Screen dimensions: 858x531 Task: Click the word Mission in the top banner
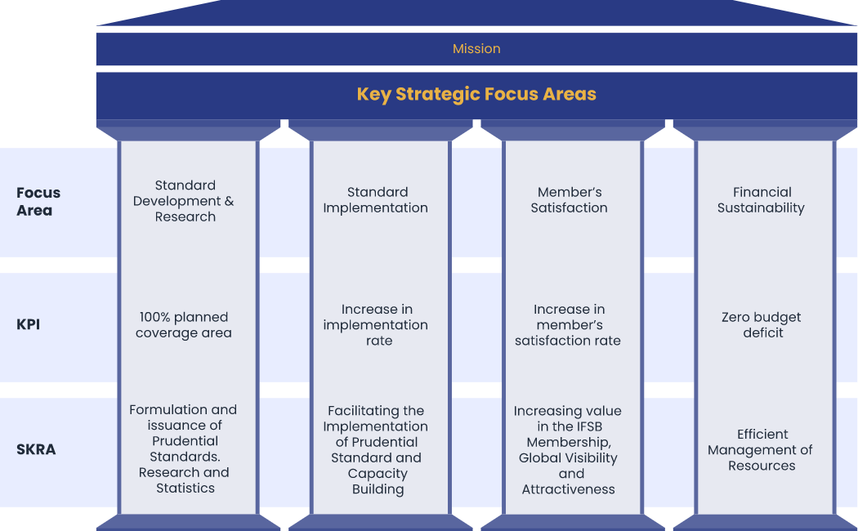click(476, 49)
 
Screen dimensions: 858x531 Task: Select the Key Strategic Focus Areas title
click(476, 94)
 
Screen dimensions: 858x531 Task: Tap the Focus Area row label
click(38, 201)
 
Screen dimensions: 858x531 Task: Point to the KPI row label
click(28, 324)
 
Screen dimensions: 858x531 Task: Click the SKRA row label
click(36, 449)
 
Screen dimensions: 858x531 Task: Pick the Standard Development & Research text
click(184, 201)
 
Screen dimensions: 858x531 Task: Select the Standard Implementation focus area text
click(376, 200)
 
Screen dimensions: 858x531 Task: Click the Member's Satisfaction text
click(569, 200)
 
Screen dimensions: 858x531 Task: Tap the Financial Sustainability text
click(761, 200)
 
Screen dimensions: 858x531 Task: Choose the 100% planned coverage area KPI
click(184, 325)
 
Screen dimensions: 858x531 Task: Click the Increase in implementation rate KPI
click(376, 325)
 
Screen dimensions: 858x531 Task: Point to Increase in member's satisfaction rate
click(568, 325)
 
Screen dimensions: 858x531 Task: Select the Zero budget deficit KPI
click(761, 325)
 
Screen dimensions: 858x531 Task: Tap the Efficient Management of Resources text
click(760, 450)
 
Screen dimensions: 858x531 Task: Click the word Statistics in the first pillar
click(185, 488)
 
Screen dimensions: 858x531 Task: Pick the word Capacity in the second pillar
click(378, 474)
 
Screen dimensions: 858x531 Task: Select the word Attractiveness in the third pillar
click(569, 489)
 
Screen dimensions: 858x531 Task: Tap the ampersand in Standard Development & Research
click(230, 201)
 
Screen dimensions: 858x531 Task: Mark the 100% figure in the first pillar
click(153, 317)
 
